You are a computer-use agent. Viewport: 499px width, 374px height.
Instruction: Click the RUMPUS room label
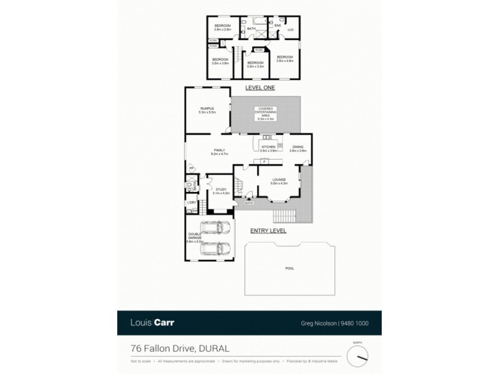(x=207, y=110)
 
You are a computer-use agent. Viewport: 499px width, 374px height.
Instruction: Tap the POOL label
(x=289, y=269)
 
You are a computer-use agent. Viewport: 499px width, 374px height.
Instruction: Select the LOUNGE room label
(x=279, y=179)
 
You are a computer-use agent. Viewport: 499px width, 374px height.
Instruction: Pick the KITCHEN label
(x=268, y=147)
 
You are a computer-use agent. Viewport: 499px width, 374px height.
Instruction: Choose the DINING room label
(x=298, y=147)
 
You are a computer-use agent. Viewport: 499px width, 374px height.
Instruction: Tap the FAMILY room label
(x=220, y=150)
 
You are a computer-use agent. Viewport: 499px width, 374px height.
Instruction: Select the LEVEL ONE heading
(x=260, y=88)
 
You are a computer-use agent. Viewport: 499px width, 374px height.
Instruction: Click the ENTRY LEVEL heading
(x=268, y=231)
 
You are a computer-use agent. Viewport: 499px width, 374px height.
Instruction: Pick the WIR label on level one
(x=290, y=29)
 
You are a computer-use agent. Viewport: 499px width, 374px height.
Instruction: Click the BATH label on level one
(x=251, y=29)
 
